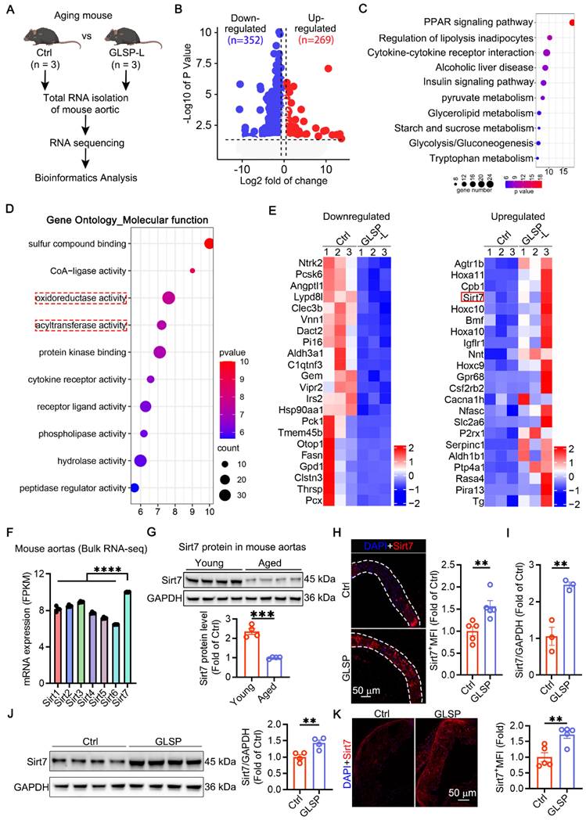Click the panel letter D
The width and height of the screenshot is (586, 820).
coord(9,209)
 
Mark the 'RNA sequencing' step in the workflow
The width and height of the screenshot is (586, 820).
coord(71,143)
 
